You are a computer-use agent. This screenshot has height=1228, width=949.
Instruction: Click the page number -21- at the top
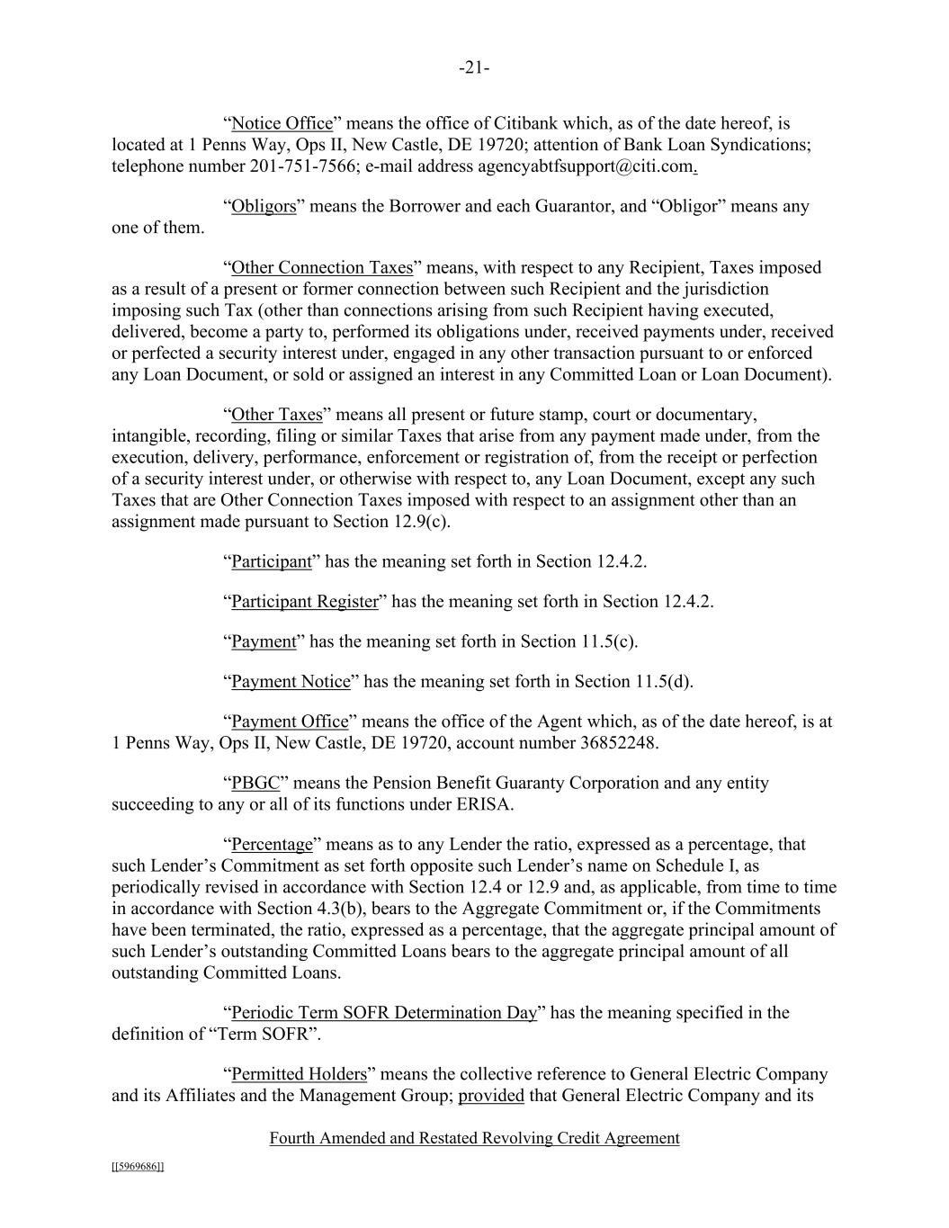click(x=474, y=68)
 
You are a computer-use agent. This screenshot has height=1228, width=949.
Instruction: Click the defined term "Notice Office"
click(x=282, y=123)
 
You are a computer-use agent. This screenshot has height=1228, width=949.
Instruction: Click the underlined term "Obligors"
click(x=264, y=207)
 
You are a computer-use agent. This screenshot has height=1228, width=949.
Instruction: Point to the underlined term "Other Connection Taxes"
click(x=322, y=268)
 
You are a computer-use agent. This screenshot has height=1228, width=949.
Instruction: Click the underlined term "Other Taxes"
click(x=276, y=415)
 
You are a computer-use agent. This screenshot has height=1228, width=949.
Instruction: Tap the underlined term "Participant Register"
click(x=305, y=602)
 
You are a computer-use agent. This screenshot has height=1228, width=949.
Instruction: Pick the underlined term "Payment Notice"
click(x=291, y=682)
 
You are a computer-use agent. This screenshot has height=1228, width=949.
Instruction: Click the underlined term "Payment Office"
click(x=290, y=722)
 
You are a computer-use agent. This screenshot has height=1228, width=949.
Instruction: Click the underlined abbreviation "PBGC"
click(x=255, y=783)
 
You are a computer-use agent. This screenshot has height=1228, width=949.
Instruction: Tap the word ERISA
click(x=484, y=804)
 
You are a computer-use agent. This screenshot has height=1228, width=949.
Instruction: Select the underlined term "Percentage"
click(x=272, y=845)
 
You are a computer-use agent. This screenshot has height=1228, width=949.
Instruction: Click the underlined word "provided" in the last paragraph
click(x=491, y=1096)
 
